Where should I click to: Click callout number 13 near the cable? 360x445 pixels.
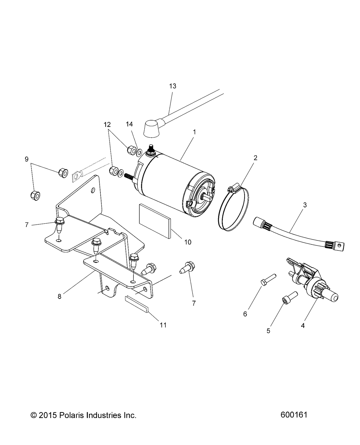coord(173,86)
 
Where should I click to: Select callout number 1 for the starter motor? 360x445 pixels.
coord(195,132)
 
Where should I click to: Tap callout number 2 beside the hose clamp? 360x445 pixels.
coord(255,158)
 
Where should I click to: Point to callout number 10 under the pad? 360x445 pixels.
coord(188,242)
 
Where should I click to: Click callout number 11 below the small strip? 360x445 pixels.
coord(163,325)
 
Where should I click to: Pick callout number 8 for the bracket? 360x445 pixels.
coord(59,296)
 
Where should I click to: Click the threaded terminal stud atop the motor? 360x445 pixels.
coord(151,149)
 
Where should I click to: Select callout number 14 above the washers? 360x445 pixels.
coord(130,124)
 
